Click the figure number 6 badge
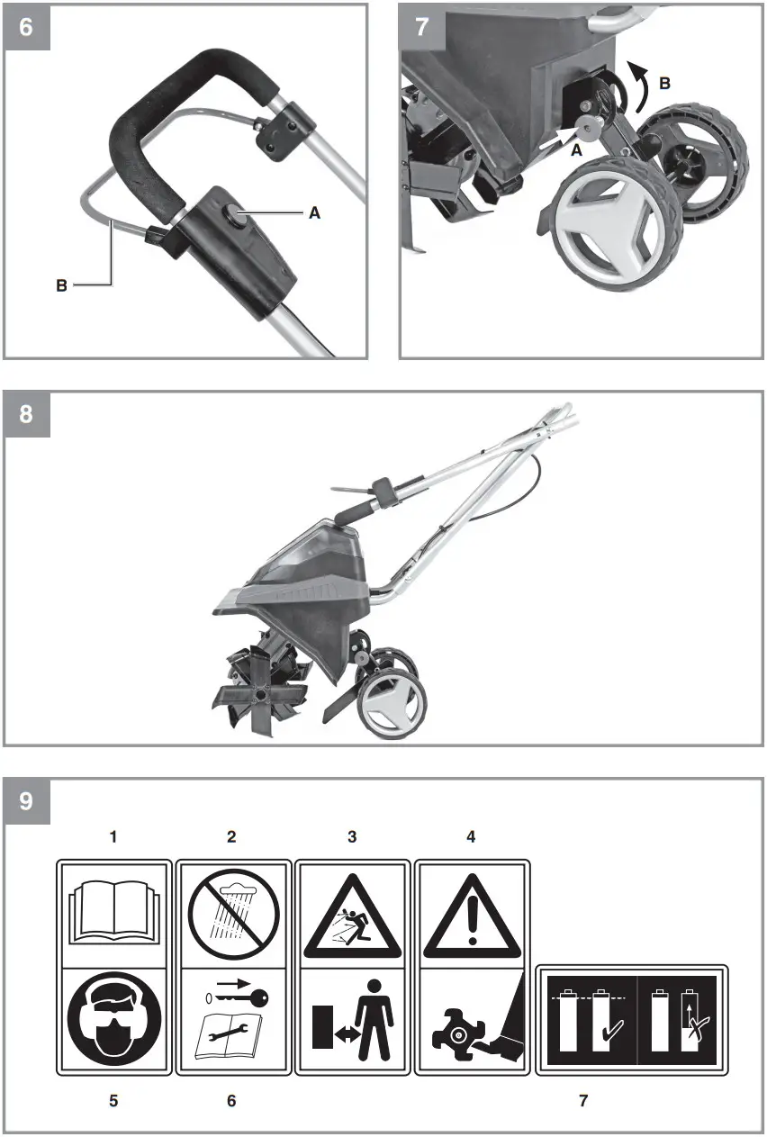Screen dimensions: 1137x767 (x=26, y=26)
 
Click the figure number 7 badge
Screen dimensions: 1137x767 (x=421, y=26)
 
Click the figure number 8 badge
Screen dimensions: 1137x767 (x=26, y=414)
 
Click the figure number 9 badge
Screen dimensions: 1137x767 (x=26, y=800)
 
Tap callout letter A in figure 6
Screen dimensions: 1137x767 (x=314, y=213)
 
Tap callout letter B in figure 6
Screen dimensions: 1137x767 (x=61, y=285)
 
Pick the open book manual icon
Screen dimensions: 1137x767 (x=113, y=912)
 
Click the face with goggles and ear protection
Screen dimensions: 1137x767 (x=113, y=1021)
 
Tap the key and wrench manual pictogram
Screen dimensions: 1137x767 (x=233, y=1021)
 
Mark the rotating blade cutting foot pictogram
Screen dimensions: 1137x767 (x=471, y=1021)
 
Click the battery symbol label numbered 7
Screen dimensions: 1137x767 (x=632, y=1021)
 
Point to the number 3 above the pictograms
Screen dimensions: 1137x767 (x=352, y=836)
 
